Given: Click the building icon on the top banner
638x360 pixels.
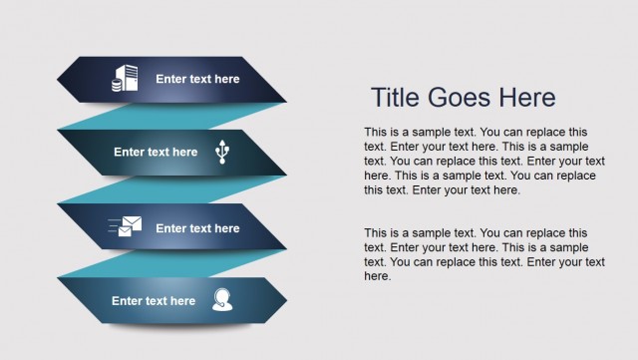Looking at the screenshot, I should (126, 79).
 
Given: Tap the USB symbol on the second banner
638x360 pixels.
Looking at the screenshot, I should (221, 152).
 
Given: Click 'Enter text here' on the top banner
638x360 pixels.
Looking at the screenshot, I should (197, 79).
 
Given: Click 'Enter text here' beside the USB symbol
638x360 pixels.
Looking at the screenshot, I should (156, 153).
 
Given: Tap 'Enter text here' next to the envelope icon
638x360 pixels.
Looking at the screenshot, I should (197, 228).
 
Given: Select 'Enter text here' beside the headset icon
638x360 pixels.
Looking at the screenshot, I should (154, 300).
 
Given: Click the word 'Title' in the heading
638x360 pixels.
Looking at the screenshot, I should (396, 98).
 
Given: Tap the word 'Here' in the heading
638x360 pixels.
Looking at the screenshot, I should (529, 98).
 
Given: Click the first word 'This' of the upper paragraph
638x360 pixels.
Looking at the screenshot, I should (376, 132).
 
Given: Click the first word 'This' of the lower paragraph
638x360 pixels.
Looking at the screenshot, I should (376, 232).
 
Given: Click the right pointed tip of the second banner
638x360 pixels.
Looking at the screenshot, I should (285, 154).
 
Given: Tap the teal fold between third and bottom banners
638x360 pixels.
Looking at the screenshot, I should (150, 263).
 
